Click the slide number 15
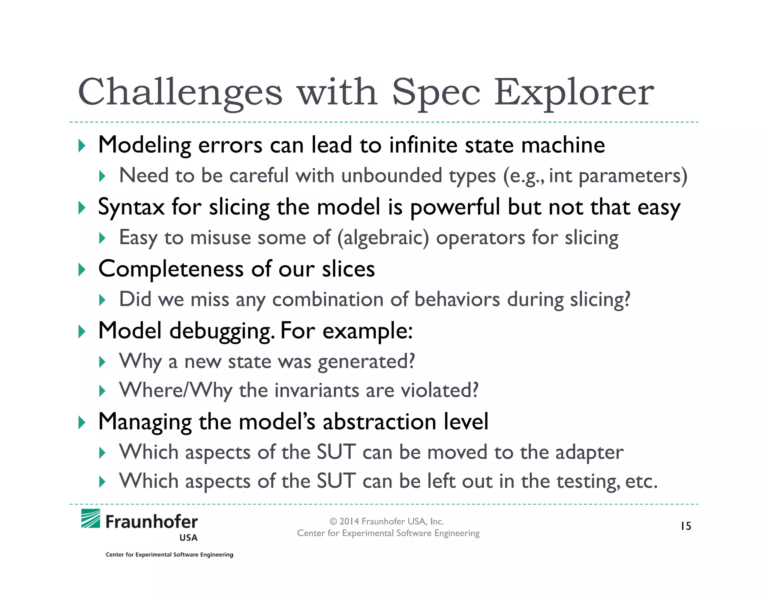[686, 526]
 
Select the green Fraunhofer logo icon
[91, 519]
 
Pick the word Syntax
[131, 207]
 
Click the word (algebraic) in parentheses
[383, 238]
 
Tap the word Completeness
[171, 269]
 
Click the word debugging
[221, 331]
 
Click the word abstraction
[379, 421]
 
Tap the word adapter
[589, 452]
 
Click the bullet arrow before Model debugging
[82, 331]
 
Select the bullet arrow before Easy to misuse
[102, 238]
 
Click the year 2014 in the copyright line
[349, 521]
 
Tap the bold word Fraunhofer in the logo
[151, 522]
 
